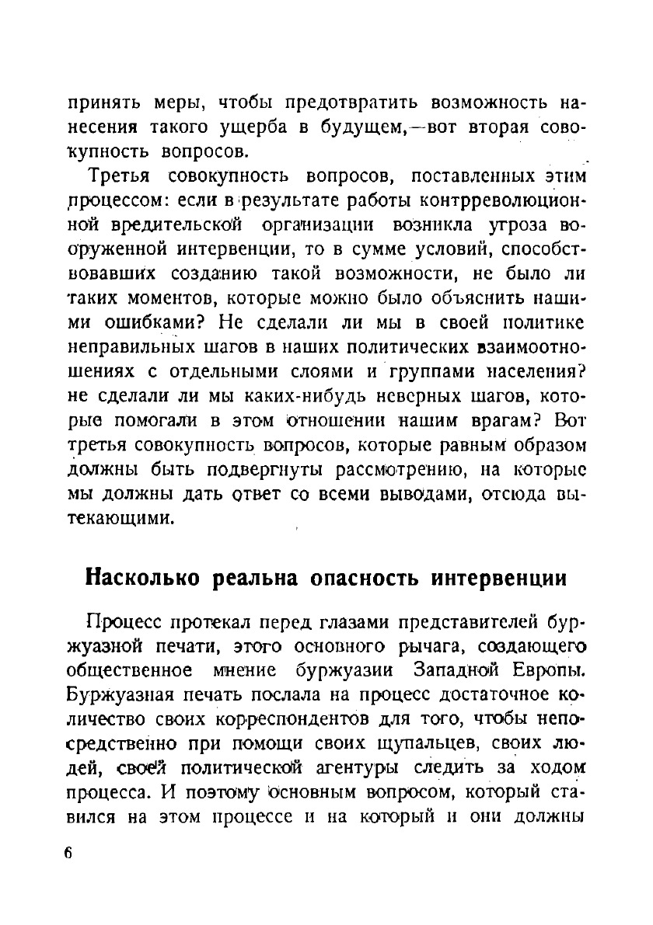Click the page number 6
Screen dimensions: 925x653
pos(68,852)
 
